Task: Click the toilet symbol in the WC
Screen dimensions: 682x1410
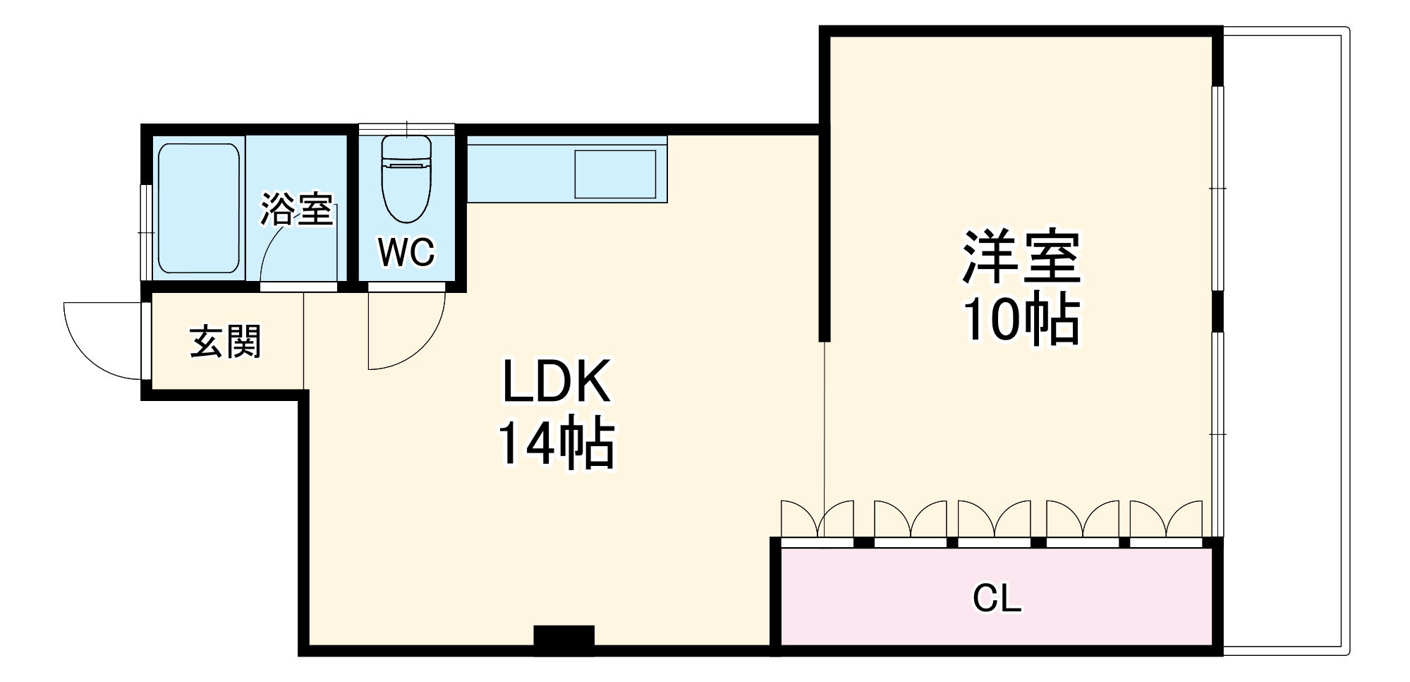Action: (x=406, y=180)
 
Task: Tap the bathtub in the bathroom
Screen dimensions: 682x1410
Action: (x=199, y=208)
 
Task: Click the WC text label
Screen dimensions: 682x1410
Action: (x=406, y=252)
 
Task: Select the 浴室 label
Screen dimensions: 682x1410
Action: (x=296, y=209)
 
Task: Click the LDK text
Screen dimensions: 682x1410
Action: (x=556, y=382)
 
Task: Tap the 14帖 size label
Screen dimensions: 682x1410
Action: (x=556, y=445)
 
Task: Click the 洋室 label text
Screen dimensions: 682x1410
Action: (x=1021, y=257)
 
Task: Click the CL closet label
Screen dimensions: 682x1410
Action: (x=997, y=599)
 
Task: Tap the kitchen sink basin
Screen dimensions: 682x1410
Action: (x=615, y=174)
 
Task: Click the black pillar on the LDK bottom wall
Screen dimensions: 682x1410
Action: (x=564, y=639)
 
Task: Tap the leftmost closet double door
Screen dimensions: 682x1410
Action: (x=817, y=521)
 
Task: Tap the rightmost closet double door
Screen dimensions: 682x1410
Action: (x=1165, y=521)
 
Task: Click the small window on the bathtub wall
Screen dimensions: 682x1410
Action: (x=146, y=232)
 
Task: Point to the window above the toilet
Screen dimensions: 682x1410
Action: (x=406, y=129)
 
